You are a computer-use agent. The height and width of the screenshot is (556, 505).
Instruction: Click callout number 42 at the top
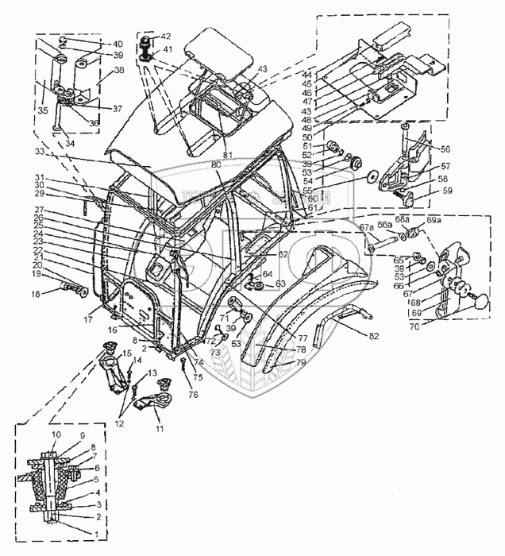165,37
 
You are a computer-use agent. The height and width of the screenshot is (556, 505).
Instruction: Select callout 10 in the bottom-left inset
56,436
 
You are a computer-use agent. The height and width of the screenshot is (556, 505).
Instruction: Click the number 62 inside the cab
282,256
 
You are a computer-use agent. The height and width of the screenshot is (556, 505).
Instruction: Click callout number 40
118,44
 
